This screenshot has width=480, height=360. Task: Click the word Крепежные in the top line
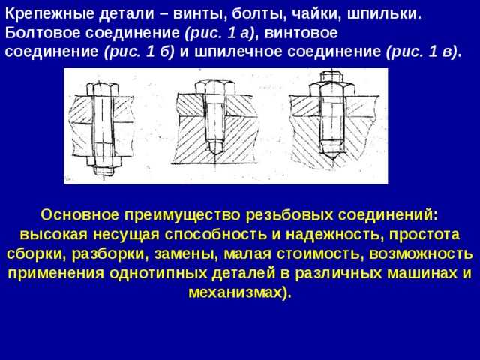(x=49, y=15)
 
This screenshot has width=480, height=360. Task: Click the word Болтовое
(x=43, y=33)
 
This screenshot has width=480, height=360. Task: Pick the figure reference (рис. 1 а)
(x=220, y=33)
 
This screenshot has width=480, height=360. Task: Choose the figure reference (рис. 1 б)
(x=139, y=52)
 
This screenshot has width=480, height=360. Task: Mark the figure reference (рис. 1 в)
(x=421, y=52)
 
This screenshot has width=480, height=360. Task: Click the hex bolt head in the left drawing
(x=102, y=89)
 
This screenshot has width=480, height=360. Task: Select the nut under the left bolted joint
(x=104, y=161)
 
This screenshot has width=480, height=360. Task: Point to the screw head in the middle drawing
(x=215, y=87)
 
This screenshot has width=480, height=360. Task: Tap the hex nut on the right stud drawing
(x=331, y=89)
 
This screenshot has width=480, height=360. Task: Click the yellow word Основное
(x=79, y=215)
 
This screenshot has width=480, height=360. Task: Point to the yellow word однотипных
(x=158, y=273)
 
